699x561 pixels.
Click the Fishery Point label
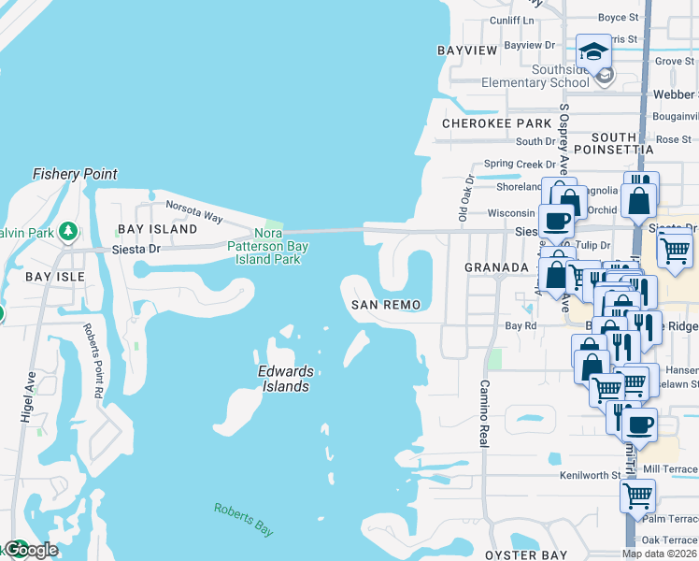tap(75, 174)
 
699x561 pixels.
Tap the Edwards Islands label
tap(283, 378)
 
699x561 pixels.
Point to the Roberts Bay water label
tap(243, 519)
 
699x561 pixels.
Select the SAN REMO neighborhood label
tap(385, 305)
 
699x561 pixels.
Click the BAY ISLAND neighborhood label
tap(157, 229)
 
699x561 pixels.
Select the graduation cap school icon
tap(593, 51)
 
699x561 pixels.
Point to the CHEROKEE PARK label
tap(496, 123)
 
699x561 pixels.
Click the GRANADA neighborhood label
tap(496, 267)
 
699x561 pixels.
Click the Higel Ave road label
tap(28, 396)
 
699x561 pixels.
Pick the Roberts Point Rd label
tap(92, 359)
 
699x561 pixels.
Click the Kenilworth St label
tap(590, 475)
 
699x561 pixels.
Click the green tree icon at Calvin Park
tap(67, 230)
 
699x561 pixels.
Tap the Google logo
tap(30, 551)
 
